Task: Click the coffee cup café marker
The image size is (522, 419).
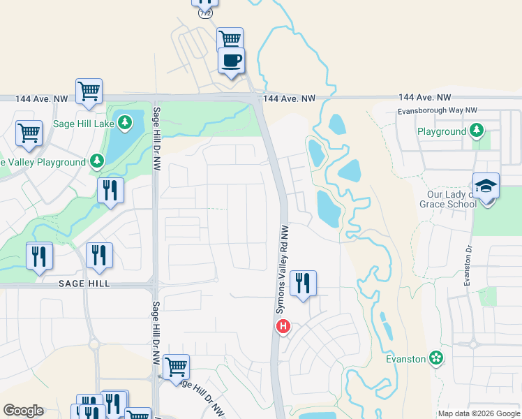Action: pyautogui.click(x=232, y=60)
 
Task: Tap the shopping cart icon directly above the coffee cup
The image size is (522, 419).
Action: pyautogui.click(x=229, y=39)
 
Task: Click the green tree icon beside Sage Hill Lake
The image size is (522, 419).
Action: pyautogui.click(x=125, y=124)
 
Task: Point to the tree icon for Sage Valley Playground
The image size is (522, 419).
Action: pyautogui.click(x=97, y=162)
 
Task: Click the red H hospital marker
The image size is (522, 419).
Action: pyautogui.click(x=283, y=325)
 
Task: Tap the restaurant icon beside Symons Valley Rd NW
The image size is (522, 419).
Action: pyautogui.click(x=303, y=284)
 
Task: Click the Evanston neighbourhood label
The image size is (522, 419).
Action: pyautogui.click(x=405, y=359)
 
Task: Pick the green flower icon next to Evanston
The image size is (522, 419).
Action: pyautogui.click(x=437, y=358)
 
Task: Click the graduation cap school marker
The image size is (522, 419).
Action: pyautogui.click(x=486, y=186)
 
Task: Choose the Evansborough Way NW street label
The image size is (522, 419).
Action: pyautogui.click(x=437, y=110)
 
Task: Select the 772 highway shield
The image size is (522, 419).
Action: pyautogui.click(x=204, y=13)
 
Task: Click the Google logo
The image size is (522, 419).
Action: pyautogui.click(x=23, y=411)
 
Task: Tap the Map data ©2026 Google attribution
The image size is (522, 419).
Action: pyautogui.click(x=479, y=413)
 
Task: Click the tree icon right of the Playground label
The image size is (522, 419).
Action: pyautogui.click(x=477, y=131)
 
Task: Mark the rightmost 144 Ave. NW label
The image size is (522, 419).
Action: pyautogui.click(x=425, y=98)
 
